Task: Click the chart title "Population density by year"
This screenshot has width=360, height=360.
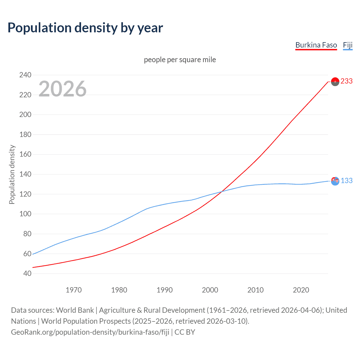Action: pos(85,28)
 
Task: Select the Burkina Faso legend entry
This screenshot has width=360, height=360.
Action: pos(316,45)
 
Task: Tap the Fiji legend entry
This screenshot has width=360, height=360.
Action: pos(348,45)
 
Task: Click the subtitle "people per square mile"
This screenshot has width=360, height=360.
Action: pos(180,60)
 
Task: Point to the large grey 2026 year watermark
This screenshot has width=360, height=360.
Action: pos(62,89)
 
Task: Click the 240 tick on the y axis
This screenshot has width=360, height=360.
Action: pos(25,75)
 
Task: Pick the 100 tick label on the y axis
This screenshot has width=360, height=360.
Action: pos(25,214)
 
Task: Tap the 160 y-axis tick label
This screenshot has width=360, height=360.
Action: pos(25,154)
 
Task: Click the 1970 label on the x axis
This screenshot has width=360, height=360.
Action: pos(74,290)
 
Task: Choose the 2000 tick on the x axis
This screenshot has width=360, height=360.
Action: pos(210,290)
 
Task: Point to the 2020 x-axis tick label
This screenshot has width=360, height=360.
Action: pos(301,290)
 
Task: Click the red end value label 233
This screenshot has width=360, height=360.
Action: pos(346,81)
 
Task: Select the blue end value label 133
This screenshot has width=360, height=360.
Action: pos(346,181)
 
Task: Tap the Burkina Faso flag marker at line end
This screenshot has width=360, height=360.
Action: pos(335,82)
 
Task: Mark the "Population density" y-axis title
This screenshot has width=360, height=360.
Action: pos(12,174)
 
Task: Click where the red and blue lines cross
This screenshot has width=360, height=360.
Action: pos(222,192)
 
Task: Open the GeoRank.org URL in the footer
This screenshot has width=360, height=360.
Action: pos(90,332)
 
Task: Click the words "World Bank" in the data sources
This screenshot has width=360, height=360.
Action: pos(75,310)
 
